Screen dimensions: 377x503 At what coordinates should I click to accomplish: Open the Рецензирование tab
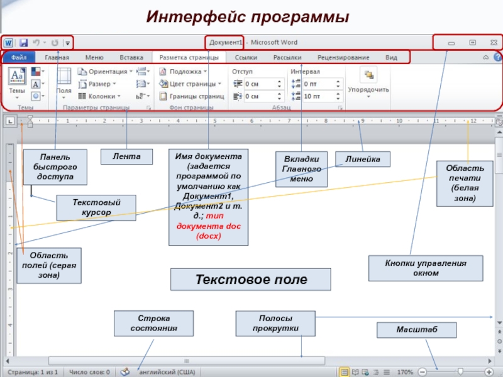click(343, 58)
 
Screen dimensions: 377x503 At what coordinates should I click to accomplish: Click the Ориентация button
click(105, 72)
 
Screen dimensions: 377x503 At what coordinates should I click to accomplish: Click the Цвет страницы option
click(191, 84)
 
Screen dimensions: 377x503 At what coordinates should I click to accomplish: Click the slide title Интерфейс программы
click(247, 17)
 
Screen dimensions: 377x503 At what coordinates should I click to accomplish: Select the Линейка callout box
click(362, 160)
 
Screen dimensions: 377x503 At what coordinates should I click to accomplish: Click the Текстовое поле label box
click(251, 280)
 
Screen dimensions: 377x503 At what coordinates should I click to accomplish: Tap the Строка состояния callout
click(153, 323)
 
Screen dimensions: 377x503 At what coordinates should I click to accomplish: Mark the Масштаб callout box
click(408, 330)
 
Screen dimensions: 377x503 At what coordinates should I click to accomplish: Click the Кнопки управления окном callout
click(426, 268)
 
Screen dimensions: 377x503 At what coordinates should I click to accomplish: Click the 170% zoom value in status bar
click(406, 372)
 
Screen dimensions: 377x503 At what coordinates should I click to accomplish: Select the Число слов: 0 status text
click(89, 372)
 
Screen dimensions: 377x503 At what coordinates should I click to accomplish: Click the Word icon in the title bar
click(9, 43)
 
